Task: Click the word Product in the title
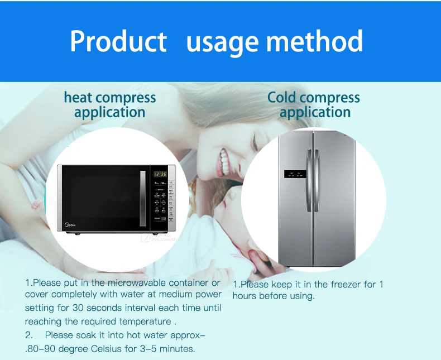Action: [118, 41]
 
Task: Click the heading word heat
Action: [78, 98]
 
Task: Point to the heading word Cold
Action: [282, 98]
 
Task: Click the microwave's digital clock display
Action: [160, 174]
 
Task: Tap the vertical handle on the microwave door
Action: [142, 198]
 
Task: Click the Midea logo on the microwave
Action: [71, 226]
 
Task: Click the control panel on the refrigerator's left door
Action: [294, 174]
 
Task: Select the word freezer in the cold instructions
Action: [346, 284]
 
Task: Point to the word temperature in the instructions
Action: [143, 321]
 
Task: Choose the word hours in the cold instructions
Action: [245, 296]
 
